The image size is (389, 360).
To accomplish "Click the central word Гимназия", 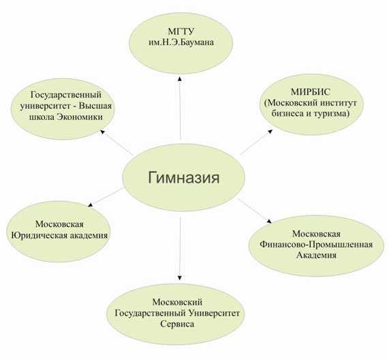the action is [x=184, y=178].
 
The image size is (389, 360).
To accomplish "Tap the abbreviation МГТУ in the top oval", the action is [x=181, y=31].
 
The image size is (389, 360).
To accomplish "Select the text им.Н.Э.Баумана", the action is [x=181, y=42].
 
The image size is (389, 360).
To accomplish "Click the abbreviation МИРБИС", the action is [x=311, y=92].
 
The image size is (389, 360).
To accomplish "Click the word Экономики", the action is [x=80, y=117].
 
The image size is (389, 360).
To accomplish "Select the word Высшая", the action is [x=95, y=106].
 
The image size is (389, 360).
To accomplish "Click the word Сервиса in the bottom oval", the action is [x=177, y=324].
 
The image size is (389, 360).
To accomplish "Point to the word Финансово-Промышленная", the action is [x=316, y=244].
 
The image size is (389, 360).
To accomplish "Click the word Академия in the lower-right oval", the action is [x=316, y=255].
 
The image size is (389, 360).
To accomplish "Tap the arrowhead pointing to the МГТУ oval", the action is [x=180, y=78].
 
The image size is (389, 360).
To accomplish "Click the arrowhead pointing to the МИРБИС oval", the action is [x=270, y=132].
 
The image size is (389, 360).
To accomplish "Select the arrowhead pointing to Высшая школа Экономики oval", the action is [x=102, y=132].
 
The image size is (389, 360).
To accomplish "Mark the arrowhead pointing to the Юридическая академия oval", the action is [x=91, y=205].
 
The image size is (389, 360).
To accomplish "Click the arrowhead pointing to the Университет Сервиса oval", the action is [x=180, y=278].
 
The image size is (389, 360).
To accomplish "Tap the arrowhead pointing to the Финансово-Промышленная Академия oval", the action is [x=269, y=221].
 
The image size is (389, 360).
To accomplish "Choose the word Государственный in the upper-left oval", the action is [x=66, y=95].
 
